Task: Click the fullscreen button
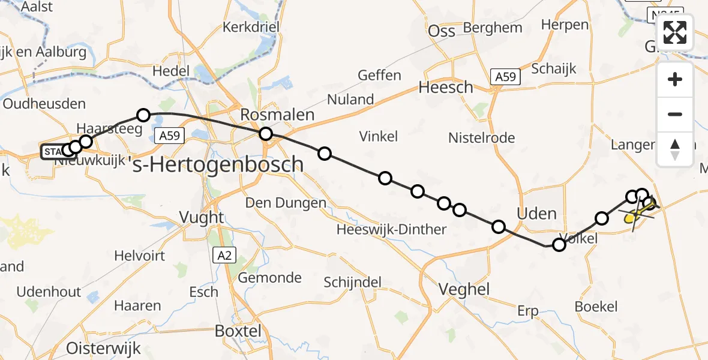[x=675, y=32]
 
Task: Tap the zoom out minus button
[x=675, y=114]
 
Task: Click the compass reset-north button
[x=675, y=149]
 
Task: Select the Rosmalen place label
[x=277, y=115]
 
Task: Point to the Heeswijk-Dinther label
[x=391, y=229]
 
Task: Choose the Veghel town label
[x=464, y=289]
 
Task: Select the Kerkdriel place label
[x=252, y=27]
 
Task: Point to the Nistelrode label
[x=482, y=138]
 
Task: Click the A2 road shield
[x=224, y=256]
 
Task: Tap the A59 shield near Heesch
[x=505, y=77]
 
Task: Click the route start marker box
[x=52, y=152]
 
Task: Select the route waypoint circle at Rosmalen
[x=265, y=134]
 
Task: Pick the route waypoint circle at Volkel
[x=559, y=244]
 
